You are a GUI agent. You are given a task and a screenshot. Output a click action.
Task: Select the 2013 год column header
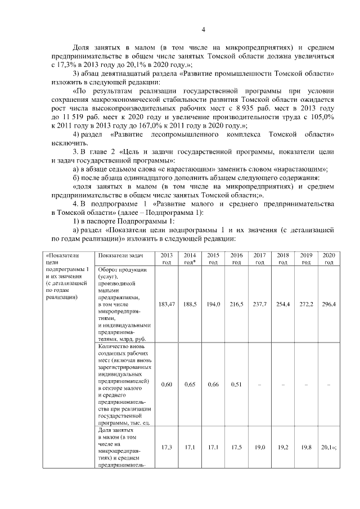click(166, 259)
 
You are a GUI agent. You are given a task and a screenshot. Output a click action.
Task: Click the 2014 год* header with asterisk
click(190, 259)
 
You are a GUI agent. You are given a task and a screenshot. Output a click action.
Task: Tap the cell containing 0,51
click(236, 385)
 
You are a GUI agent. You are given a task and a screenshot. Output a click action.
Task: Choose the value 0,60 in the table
click(166, 385)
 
